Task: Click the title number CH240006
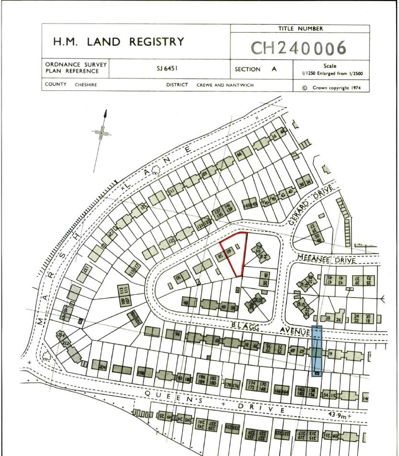299,47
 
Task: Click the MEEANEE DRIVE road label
326,259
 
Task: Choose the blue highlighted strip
317,350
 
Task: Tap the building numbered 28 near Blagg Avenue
328,319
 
